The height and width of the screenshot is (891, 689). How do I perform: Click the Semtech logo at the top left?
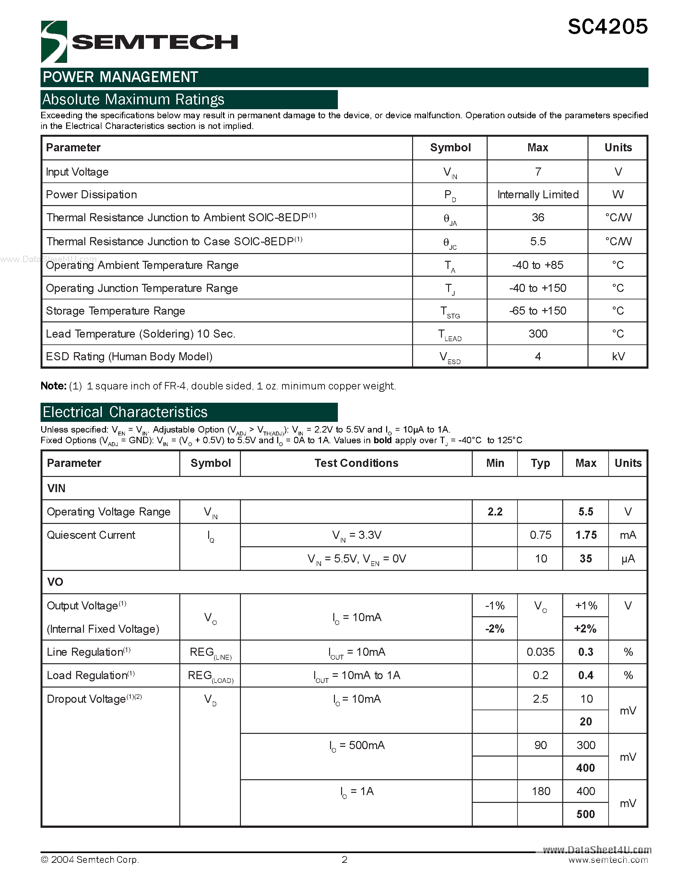pyautogui.click(x=139, y=41)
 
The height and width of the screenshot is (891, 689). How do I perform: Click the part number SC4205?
pyautogui.click(x=607, y=27)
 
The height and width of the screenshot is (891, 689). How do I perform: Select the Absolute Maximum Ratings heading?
pyautogui.click(x=134, y=99)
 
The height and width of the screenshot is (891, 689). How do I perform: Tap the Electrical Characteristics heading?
pyautogui.click(x=125, y=412)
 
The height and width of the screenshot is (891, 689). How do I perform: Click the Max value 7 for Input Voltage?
pyautogui.click(x=538, y=172)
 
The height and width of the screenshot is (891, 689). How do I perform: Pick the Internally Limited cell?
pyautogui.click(x=538, y=195)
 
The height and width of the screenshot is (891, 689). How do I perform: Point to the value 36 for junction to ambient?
pyautogui.click(x=538, y=217)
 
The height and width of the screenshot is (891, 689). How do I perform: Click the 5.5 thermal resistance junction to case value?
pyautogui.click(x=538, y=241)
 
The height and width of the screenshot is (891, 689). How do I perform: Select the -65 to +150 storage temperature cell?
pyautogui.click(x=538, y=311)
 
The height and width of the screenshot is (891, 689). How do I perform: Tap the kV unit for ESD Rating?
pyautogui.click(x=618, y=357)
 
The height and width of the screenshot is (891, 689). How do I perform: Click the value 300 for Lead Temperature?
pyautogui.click(x=538, y=334)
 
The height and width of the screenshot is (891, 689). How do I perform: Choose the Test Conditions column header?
pyautogui.click(x=356, y=463)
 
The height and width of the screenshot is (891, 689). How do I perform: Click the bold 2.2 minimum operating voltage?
pyautogui.click(x=495, y=512)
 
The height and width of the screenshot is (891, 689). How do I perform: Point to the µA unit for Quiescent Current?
pyautogui.click(x=628, y=559)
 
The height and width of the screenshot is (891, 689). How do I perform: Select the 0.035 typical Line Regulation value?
pyautogui.click(x=540, y=652)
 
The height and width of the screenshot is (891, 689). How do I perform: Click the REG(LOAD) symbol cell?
pyautogui.click(x=210, y=676)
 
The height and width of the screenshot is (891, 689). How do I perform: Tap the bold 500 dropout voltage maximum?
pyautogui.click(x=585, y=814)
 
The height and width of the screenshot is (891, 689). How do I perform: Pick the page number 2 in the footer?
pyautogui.click(x=344, y=860)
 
